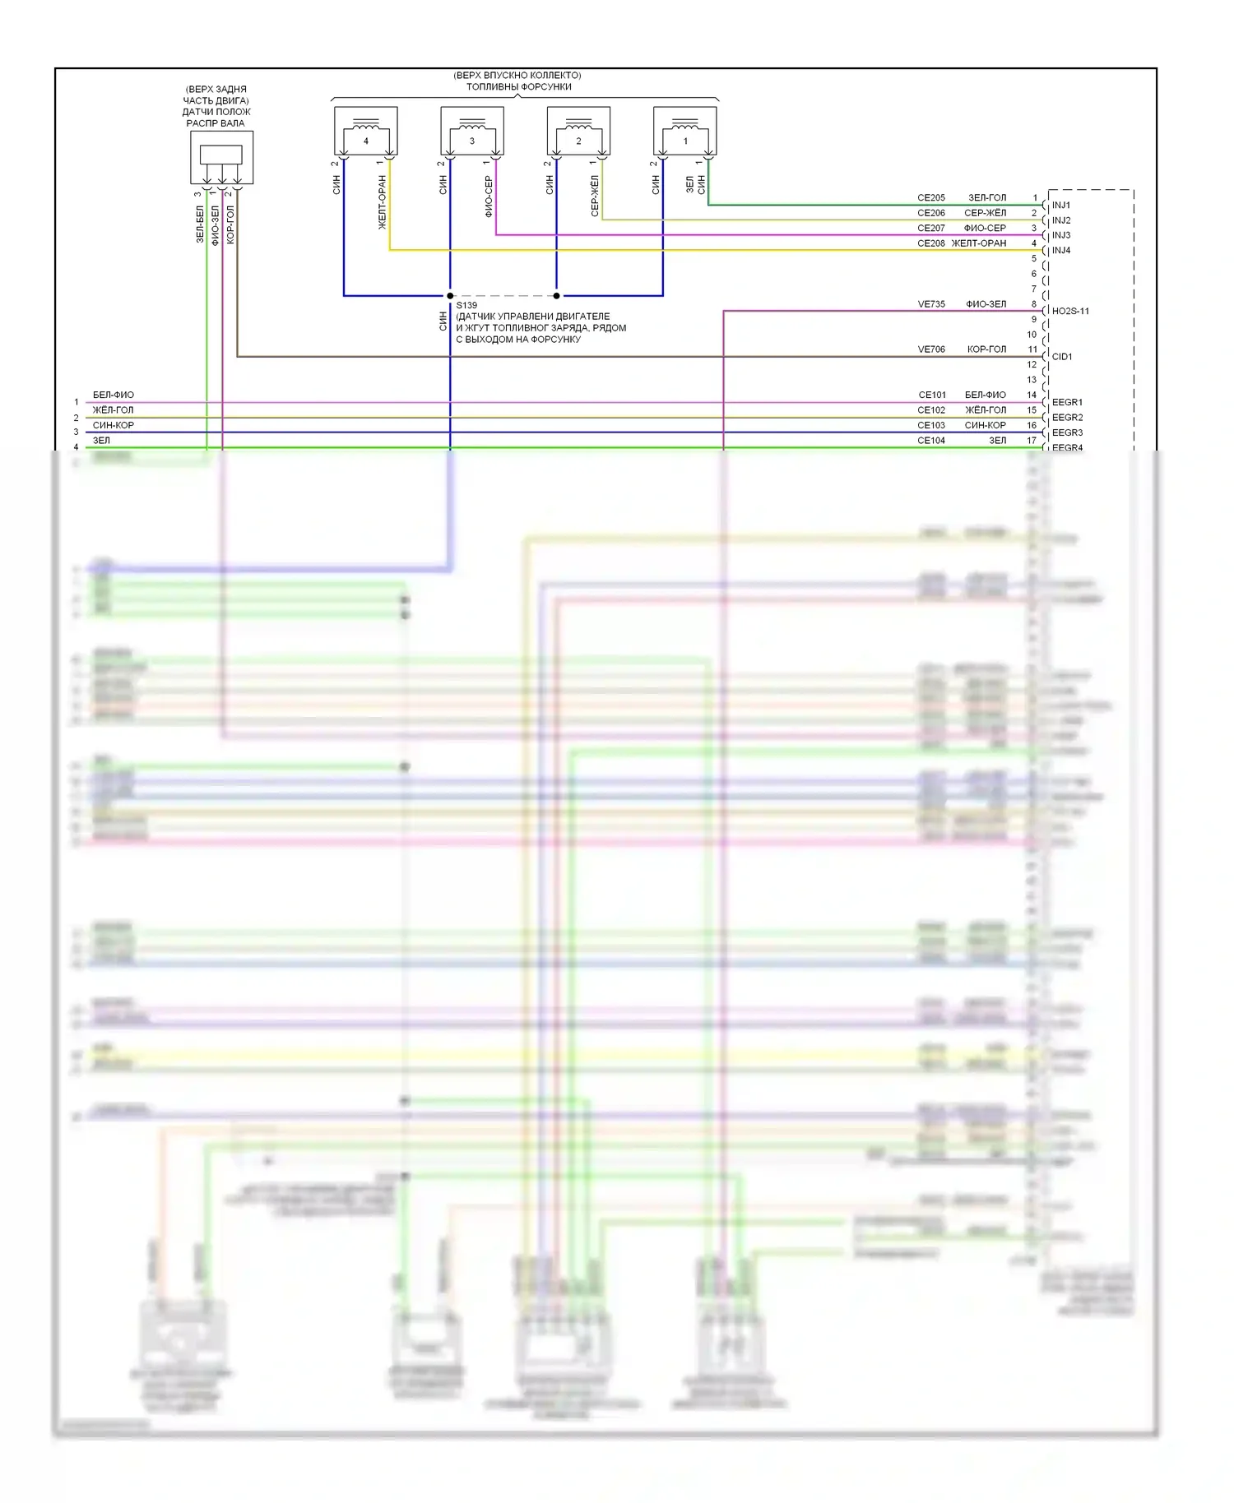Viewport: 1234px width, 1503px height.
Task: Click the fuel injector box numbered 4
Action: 366,131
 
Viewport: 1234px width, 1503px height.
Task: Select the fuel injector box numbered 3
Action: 472,131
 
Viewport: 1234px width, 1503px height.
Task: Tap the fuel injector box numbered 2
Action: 578,131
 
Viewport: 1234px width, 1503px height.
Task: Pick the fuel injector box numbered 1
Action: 684,131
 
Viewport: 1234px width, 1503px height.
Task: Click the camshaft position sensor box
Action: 221,157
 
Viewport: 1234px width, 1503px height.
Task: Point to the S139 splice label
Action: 466,305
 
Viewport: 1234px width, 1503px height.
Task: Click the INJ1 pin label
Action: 1061,205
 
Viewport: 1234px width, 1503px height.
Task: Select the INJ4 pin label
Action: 1061,250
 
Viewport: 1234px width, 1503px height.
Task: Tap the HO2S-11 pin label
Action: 1070,311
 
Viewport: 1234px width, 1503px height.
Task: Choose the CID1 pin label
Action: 1062,357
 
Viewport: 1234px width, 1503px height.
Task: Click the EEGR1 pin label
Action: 1067,402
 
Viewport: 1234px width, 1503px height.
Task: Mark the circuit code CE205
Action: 931,198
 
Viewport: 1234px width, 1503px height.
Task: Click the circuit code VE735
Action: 931,304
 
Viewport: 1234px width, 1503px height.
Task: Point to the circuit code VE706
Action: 931,349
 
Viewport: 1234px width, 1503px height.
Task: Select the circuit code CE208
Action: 931,243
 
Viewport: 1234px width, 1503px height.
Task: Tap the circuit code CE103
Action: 931,425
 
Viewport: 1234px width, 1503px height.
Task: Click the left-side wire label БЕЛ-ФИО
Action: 114,395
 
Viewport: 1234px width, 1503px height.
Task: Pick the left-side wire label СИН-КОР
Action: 114,425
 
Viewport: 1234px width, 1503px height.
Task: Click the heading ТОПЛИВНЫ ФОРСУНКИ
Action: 518,86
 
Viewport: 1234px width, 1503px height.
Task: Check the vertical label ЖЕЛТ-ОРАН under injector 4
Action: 382,202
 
